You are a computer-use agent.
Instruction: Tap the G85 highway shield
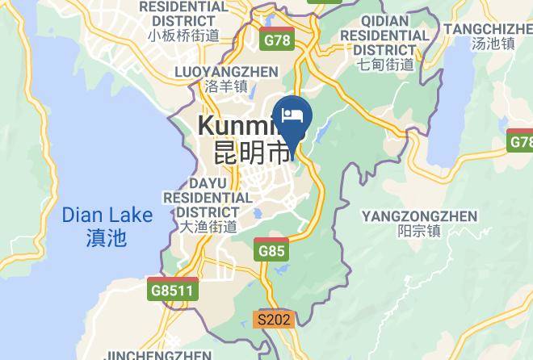click(271, 251)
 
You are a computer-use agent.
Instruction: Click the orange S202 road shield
click(272, 320)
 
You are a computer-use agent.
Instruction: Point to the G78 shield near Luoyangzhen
click(277, 39)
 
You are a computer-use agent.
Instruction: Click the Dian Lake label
click(107, 216)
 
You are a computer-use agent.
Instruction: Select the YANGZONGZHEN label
click(419, 216)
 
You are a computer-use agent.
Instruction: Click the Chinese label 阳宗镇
click(419, 231)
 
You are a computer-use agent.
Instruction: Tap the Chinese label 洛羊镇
click(227, 86)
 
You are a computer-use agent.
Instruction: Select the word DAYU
click(208, 182)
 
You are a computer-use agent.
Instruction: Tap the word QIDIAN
click(384, 21)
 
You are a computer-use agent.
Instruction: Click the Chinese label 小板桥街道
click(183, 35)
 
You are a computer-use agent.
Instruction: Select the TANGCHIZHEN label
click(488, 29)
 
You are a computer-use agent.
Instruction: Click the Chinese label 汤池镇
click(492, 44)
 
